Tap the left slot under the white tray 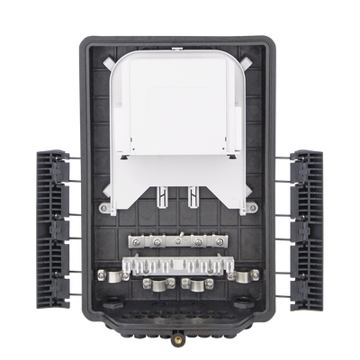coord(162,195)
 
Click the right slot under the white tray coord(193,195)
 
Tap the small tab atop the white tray coord(177,57)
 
